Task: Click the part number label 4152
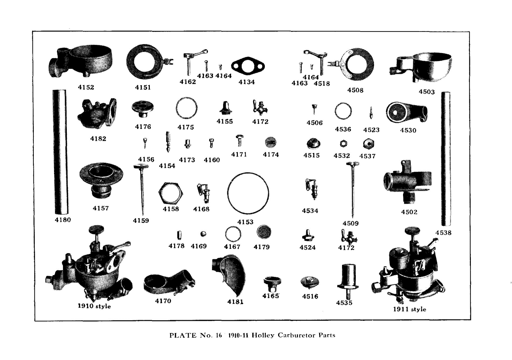click(x=86, y=87)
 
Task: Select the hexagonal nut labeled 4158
click(x=171, y=193)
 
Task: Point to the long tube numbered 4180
click(x=60, y=152)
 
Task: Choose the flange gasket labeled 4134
click(x=247, y=67)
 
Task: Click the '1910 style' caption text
click(x=94, y=306)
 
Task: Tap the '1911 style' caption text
click(x=409, y=309)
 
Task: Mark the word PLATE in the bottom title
click(x=183, y=335)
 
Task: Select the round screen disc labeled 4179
click(x=264, y=232)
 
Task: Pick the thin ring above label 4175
click(x=186, y=108)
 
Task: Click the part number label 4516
click(x=310, y=296)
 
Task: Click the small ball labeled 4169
click(x=203, y=234)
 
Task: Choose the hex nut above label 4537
click(x=368, y=143)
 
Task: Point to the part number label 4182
click(x=98, y=139)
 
